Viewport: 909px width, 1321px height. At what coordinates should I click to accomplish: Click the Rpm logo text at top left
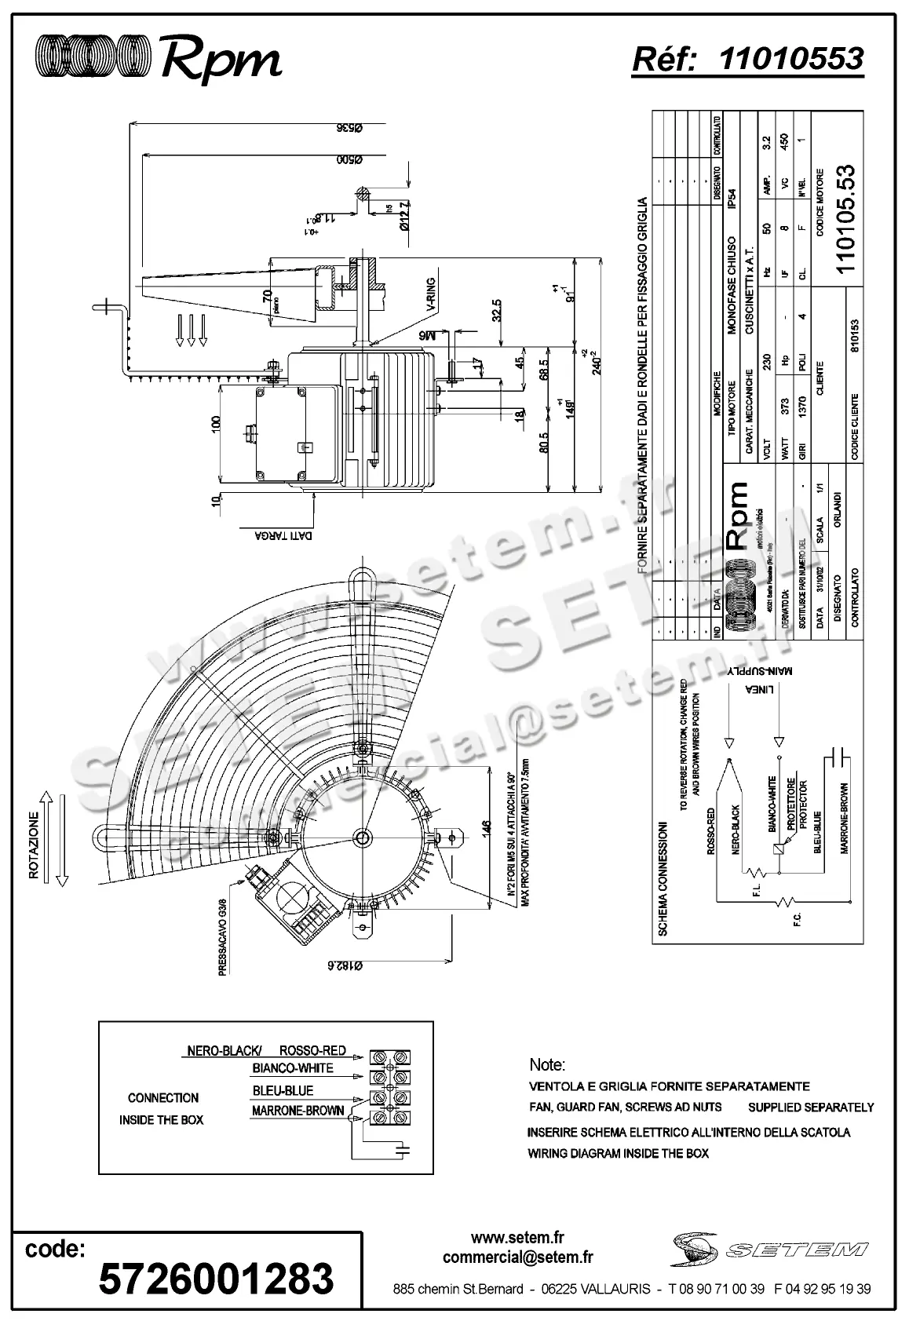(221, 58)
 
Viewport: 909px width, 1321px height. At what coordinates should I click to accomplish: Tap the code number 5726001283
(216, 1278)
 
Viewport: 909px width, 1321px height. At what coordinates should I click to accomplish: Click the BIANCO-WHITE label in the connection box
(293, 1068)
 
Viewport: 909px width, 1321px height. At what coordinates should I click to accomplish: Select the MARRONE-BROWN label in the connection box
(298, 1111)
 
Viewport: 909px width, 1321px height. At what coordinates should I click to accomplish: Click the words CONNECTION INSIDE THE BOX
(162, 1108)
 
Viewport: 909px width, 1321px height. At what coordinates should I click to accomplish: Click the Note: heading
(547, 1065)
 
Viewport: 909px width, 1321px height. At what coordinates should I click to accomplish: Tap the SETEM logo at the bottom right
(769, 1250)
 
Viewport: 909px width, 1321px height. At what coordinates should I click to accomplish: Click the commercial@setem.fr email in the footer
(517, 1257)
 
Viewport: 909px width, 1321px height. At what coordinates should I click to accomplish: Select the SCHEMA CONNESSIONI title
(663, 879)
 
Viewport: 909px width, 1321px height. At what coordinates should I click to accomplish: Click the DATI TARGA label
(283, 536)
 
